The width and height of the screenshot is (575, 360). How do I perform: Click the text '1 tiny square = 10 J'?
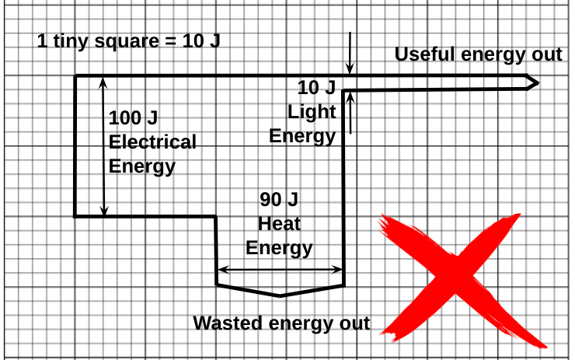[x=129, y=40]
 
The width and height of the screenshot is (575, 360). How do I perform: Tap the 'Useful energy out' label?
[x=478, y=54]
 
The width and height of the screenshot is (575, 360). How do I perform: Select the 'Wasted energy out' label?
[x=281, y=323]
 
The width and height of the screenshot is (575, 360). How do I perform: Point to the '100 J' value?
[x=133, y=118]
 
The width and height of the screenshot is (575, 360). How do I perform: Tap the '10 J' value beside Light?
[x=316, y=86]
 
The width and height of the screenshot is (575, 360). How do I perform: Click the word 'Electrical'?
[x=152, y=142]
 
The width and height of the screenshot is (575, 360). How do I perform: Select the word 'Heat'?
[x=279, y=224]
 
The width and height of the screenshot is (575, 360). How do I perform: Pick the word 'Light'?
[x=312, y=111]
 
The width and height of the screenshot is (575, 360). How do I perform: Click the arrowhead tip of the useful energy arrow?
[x=537, y=82]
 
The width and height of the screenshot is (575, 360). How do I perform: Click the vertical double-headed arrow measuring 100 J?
[x=103, y=145]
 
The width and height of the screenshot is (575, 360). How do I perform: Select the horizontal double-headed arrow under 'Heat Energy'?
[x=280, y=271]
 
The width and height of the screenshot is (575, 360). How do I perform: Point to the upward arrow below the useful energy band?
[x=351, y=112]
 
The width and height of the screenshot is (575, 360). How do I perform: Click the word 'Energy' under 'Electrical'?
[x=142, y=166]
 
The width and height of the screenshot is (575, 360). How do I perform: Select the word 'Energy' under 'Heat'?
[x=279, y=248]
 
